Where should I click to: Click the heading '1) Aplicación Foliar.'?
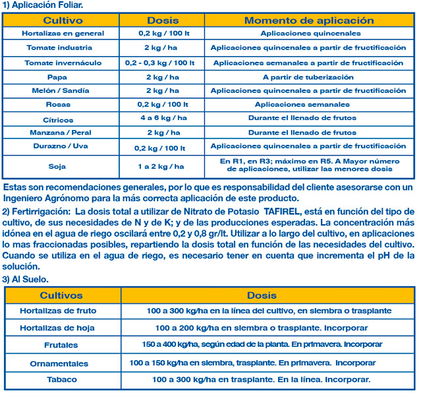click(43, 5)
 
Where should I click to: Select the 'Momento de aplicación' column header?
click(309, 20)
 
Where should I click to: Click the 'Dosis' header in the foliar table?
click(163, 20)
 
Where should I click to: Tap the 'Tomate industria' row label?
click(59, 48)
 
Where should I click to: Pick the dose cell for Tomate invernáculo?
click(163, 63)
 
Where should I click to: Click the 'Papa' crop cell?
click(59, 77)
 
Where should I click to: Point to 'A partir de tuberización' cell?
click(308, 77)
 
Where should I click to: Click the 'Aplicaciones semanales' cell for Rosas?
click(308, 105)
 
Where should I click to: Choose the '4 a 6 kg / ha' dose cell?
click(163, 118)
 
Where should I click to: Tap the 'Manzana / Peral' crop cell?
click(59, 133)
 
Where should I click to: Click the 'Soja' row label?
click(58, 167)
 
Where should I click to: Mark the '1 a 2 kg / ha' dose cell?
click(163, 167)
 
